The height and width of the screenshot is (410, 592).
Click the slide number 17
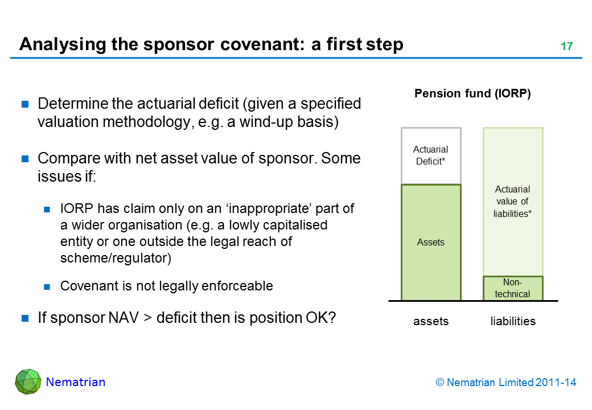pos(567,46)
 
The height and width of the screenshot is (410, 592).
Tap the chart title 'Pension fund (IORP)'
pos(472,93)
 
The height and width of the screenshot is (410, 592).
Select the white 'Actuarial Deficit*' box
pos(431,155)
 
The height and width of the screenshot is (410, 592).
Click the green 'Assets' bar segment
pos(431,243)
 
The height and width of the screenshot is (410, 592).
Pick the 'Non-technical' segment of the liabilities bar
pos(513,289)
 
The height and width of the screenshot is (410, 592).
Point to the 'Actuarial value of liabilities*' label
pos(512,201)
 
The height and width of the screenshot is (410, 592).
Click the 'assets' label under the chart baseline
pos(431,321)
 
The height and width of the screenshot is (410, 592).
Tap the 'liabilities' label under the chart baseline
pos(513,321)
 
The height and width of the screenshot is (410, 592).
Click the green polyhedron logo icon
pos(28,382)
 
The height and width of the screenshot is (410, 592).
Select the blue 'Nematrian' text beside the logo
pos(76,382)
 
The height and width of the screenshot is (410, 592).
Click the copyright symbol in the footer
pos(439,383)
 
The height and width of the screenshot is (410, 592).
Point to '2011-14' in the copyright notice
pos(556,383)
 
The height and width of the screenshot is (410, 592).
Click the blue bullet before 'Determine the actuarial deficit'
pos(25,104)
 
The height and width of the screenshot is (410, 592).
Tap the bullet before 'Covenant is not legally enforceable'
pos(47,287)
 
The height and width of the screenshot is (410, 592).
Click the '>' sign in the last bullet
pos(147,318)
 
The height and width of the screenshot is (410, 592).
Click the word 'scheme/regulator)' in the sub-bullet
pos(116,258)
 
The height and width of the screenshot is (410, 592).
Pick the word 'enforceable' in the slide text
pos(237,286)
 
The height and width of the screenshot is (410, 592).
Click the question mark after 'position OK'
pos(332,318)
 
